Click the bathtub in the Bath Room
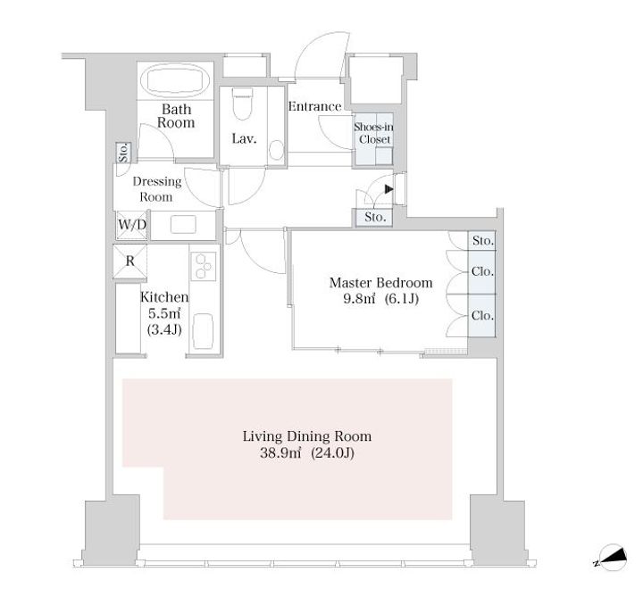pos(175,80)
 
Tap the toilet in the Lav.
pos(241,104)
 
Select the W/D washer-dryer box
pos(131,225)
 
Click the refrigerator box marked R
pos(130,261)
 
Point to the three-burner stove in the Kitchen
pos(204,266)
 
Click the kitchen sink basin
pos(203,331)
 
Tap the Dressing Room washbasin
pos(183,225)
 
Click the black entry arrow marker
pos(389,189)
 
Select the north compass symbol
pos(612,558)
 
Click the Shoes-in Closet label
pos(373,133)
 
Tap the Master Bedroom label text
pos(381,283)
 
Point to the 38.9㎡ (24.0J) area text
pos(307,453)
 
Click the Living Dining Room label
pos(307,436)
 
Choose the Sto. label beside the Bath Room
pos(124,153)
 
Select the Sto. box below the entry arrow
pos(374,217)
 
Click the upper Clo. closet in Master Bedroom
pos(482,271)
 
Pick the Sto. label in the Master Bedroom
pos(482,241)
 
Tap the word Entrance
pos(314,106)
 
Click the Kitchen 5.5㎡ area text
pos(164,314)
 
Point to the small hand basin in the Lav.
pos(277,151)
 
